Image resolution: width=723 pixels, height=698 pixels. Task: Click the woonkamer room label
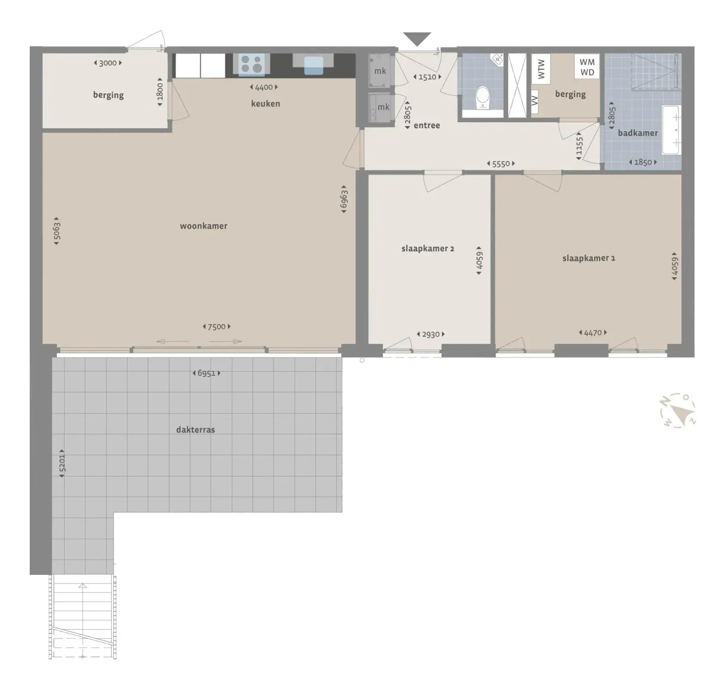point(204,226)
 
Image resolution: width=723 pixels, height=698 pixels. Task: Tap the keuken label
point(266,104)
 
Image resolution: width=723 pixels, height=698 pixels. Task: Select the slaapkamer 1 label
point(589,258)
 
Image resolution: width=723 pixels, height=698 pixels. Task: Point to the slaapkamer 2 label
point(428,248)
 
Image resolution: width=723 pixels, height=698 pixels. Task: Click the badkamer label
point(638,133)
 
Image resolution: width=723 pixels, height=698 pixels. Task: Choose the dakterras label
point(195,429)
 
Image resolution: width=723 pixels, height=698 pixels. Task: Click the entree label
point(427,126)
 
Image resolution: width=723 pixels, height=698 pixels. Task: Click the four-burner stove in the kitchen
point(252,64)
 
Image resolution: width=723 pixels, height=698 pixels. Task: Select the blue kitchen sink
point(313,66)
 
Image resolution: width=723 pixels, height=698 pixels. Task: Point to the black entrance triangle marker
point(417,39)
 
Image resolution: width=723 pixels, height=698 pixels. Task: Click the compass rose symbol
point(678,411)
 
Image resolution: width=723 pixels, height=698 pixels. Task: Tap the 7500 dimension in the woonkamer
point(216,327)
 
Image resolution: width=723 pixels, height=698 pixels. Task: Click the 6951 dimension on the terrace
point(206,373)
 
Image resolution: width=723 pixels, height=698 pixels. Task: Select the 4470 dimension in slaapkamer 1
point(593,333)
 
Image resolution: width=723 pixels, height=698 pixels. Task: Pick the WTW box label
point(541,69)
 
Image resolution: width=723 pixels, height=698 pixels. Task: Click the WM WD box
point(587,67)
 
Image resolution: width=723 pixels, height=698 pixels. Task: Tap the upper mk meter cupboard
point(380,71)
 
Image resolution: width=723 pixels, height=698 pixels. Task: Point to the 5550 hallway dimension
point(501,164)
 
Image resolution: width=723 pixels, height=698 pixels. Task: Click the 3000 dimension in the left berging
point(108,63)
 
